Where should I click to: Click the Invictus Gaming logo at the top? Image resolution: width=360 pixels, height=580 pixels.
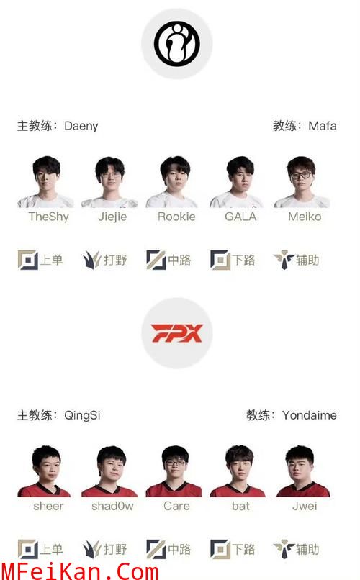click(177, 44)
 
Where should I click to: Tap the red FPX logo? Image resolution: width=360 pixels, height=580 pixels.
click(177, 333)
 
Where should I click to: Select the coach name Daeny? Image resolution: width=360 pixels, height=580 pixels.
click(81, 126)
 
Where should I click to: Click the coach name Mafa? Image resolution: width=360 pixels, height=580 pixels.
click(323, 126)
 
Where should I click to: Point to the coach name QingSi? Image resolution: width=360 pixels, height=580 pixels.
click(82, 415)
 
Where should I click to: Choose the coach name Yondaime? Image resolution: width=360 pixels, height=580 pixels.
click(310, 415)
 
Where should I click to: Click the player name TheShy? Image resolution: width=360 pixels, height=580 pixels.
click(48, 217)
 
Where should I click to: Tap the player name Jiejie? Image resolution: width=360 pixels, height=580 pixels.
click(112, 217)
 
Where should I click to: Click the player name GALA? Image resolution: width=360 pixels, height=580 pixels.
click(240, 217)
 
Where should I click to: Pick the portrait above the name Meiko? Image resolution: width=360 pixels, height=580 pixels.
click(302, 181)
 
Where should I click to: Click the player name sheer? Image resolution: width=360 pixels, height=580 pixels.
click(48, 506)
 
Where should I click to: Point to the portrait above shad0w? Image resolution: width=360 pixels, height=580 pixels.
click(110, 471)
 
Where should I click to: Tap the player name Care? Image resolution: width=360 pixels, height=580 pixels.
click(176, 506)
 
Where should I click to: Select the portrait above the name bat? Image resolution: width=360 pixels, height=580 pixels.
click(238, 471)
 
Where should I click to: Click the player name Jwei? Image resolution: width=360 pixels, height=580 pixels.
click(305, 506)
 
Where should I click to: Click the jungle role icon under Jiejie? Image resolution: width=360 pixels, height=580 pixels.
click(91, 260)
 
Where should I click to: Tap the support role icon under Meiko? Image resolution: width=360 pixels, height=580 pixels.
click(284, 260)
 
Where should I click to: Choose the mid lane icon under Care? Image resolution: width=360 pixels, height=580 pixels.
click(156, 549)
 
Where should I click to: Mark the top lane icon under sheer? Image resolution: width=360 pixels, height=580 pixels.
click(28, 549)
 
